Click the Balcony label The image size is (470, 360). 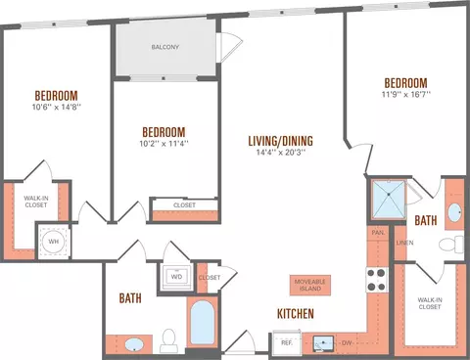[165, 47]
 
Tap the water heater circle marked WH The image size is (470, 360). [54, 242]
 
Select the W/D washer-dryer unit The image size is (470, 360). [176, 277]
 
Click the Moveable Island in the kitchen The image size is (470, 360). [310, 285]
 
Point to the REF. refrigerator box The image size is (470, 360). [287, 342]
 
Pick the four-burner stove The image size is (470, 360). [377, 280]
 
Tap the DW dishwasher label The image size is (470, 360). [347, 343]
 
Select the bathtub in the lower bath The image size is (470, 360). [203, 323]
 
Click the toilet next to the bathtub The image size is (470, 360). [168, 340]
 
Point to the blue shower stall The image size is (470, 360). [389, 200]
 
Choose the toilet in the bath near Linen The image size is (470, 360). [450, 245]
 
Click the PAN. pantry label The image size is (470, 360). [378, 233]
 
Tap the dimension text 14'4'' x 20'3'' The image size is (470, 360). [281, 153]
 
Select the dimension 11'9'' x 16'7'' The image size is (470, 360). [406, 95]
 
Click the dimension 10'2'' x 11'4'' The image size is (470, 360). [164, 144]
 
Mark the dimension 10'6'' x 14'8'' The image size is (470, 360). [57, 107]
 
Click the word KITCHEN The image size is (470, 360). [296, 314]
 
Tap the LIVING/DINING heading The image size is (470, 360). [281, 141]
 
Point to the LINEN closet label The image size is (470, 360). [404, 243]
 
